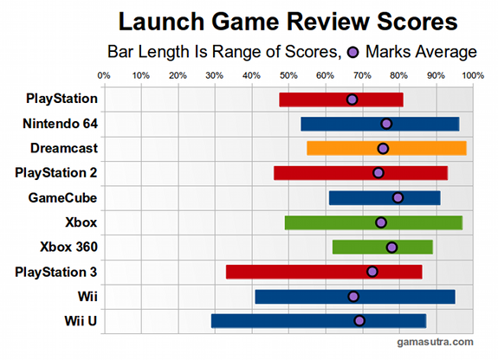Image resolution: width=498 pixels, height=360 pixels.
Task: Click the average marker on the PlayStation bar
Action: coord(352,100)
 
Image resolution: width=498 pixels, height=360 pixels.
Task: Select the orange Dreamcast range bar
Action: coord(386,148)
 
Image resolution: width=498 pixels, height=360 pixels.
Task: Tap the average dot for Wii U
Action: coord(359,321)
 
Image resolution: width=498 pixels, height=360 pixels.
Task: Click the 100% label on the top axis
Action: coord(473,75)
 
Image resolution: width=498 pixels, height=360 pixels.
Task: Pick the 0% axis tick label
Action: coord(104,75)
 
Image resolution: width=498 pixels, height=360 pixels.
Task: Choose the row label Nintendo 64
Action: coord(61,123)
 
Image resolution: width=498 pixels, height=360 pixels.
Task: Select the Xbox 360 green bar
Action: coord(382,247)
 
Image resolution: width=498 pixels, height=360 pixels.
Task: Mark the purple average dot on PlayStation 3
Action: coord(372,272)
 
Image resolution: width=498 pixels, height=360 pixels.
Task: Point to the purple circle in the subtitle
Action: coord(353,52)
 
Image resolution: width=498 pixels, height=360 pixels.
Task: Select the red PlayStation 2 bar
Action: coord(360,173)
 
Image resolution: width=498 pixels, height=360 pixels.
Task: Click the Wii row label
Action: coord(85,296)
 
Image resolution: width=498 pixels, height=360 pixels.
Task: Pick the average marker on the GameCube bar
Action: coord(398,197)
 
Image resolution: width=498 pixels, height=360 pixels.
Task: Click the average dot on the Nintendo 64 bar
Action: coord(386,124)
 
